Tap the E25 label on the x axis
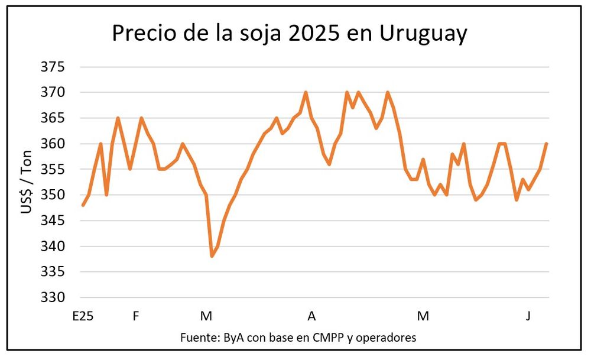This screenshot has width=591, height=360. pyautogui.click(x=83, y=316)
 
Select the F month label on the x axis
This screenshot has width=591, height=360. pyautogui.click(x=136, y=316)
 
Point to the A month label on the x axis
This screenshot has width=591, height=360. pyautogui.click(x=311, y=316)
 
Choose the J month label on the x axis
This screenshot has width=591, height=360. pyautogui.click(x=528, y=316)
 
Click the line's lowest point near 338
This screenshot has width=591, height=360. pyautogui.click(x=212, y=256)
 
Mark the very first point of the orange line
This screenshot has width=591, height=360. pyautogui.click(x=83, y=205)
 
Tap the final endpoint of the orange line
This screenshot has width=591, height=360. pyautogui.click(x=547, y=144)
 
